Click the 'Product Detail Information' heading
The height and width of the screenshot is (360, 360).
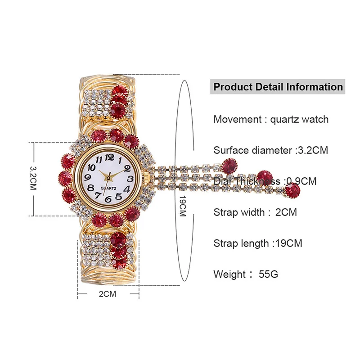click(278, 87)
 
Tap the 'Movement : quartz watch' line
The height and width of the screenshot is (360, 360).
click(271, 119)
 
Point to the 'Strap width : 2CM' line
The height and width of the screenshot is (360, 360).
click(255, 212)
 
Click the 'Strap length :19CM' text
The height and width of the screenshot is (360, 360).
click(257, 243)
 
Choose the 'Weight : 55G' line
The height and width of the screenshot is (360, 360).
click(246, 274)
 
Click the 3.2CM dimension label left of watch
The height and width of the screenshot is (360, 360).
click(33, 178)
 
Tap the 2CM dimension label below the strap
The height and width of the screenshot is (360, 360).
click(107, 295)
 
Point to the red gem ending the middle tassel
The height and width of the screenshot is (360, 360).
click(265, 176)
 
